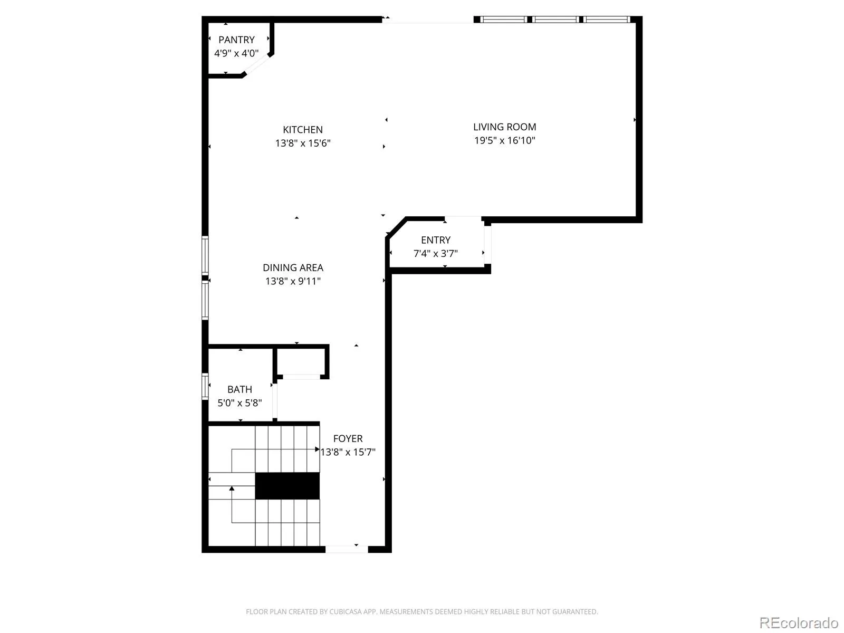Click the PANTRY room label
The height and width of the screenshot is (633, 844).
236,40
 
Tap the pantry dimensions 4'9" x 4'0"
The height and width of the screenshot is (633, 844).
236,53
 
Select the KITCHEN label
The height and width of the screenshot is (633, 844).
303,130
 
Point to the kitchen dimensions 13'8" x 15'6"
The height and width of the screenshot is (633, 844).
303,143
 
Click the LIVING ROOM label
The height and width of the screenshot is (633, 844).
504,127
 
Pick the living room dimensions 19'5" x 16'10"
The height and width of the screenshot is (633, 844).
504,140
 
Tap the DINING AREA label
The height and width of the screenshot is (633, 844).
293,267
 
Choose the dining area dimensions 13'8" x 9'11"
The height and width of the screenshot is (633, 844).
293,281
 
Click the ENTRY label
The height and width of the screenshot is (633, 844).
436,240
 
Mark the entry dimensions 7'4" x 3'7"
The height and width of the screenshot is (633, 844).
436,254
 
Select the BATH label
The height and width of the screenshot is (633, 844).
239,389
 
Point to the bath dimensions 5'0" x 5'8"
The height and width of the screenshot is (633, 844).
239,403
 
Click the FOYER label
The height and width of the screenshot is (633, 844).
348,438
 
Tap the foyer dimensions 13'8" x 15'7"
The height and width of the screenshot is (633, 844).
348,452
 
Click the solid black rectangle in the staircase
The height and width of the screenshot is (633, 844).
287,486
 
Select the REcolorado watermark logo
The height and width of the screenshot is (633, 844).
799,622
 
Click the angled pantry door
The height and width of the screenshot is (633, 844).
256,64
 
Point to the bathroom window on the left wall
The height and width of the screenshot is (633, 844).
205,386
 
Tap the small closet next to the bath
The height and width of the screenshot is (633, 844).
301,362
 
